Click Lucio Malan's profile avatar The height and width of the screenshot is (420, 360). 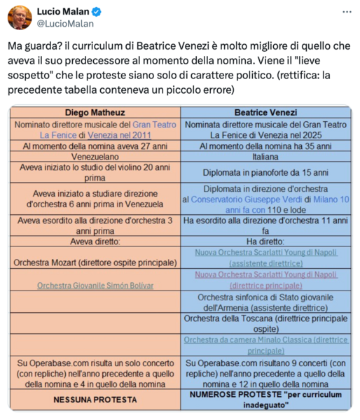tap(20, 17)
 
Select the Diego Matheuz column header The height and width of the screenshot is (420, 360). tap(95, 112)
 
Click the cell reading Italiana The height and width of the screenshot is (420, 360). tap(265, 157)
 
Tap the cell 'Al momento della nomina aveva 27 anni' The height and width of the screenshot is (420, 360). tap(95, 146)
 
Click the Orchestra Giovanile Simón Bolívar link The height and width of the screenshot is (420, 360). tap(95, 285)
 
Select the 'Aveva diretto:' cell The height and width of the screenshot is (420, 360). tap(95, 241)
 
